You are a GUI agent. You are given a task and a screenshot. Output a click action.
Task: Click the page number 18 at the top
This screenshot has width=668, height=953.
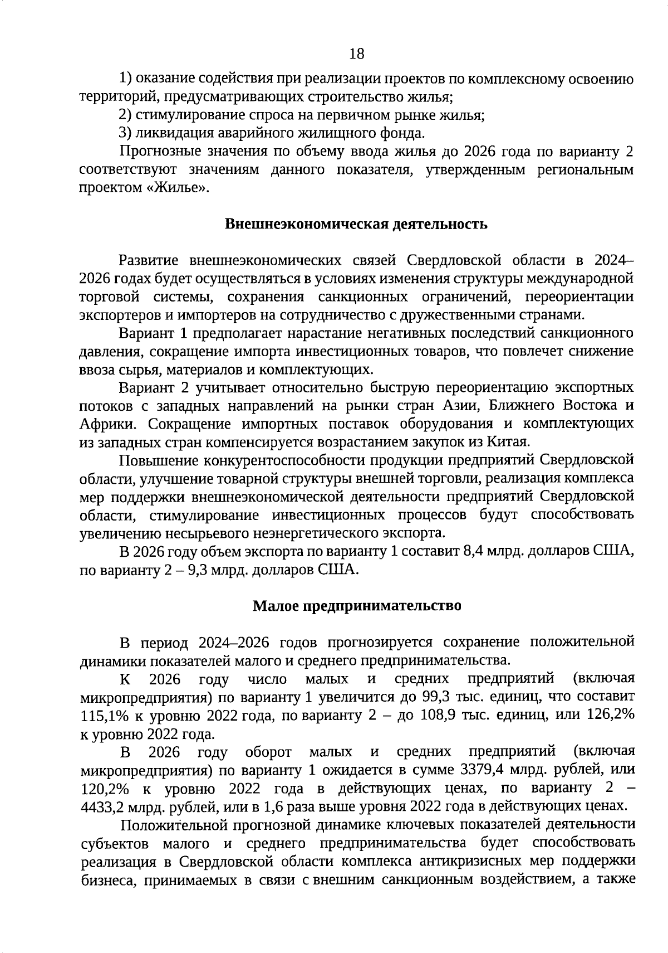coord(356,54)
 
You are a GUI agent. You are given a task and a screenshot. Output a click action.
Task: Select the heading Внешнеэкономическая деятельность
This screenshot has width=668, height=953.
coord(356,224)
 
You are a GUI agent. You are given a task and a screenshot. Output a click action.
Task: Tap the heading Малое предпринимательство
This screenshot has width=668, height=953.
coord(357,605)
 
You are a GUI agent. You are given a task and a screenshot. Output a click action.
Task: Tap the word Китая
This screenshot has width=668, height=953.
coord(507,443)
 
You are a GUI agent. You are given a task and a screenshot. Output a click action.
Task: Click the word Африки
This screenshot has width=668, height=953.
coord(108,424)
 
